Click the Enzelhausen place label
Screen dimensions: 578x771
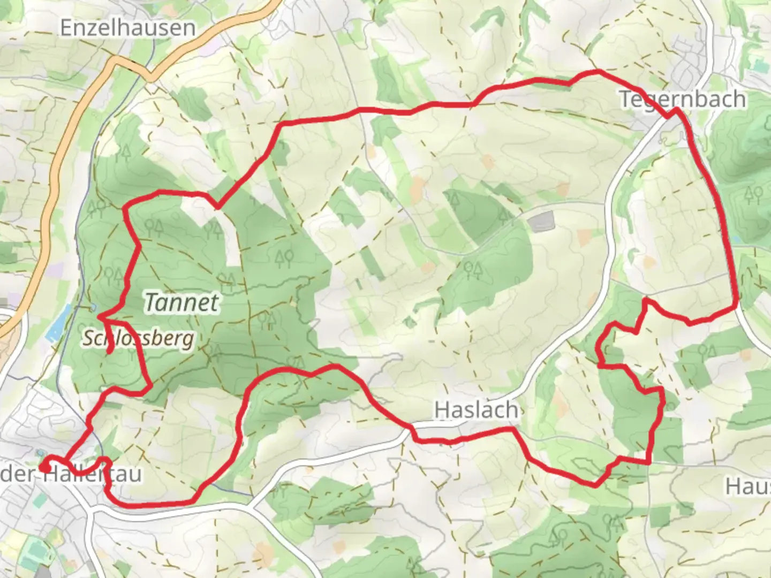coord(127,28)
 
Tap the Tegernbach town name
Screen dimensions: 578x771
coord(683,99)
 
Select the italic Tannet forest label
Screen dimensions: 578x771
coord(182,303)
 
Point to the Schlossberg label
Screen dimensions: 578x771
coord(138,338)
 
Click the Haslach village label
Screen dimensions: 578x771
coord(476,410)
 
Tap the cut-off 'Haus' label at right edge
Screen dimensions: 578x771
coord(748,486)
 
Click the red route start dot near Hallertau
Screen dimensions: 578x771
coord(46,468)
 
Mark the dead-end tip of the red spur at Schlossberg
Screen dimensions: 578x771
coord(109,352)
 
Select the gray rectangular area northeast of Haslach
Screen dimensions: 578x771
coord(542,221)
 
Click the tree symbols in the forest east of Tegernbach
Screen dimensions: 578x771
coord(753,193)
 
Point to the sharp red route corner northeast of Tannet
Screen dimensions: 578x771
coord(217,207)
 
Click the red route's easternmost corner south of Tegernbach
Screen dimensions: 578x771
coord(738,306)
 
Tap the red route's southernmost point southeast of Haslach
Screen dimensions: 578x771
coord(595,485)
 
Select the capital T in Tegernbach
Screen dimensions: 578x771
coord(625,100)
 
